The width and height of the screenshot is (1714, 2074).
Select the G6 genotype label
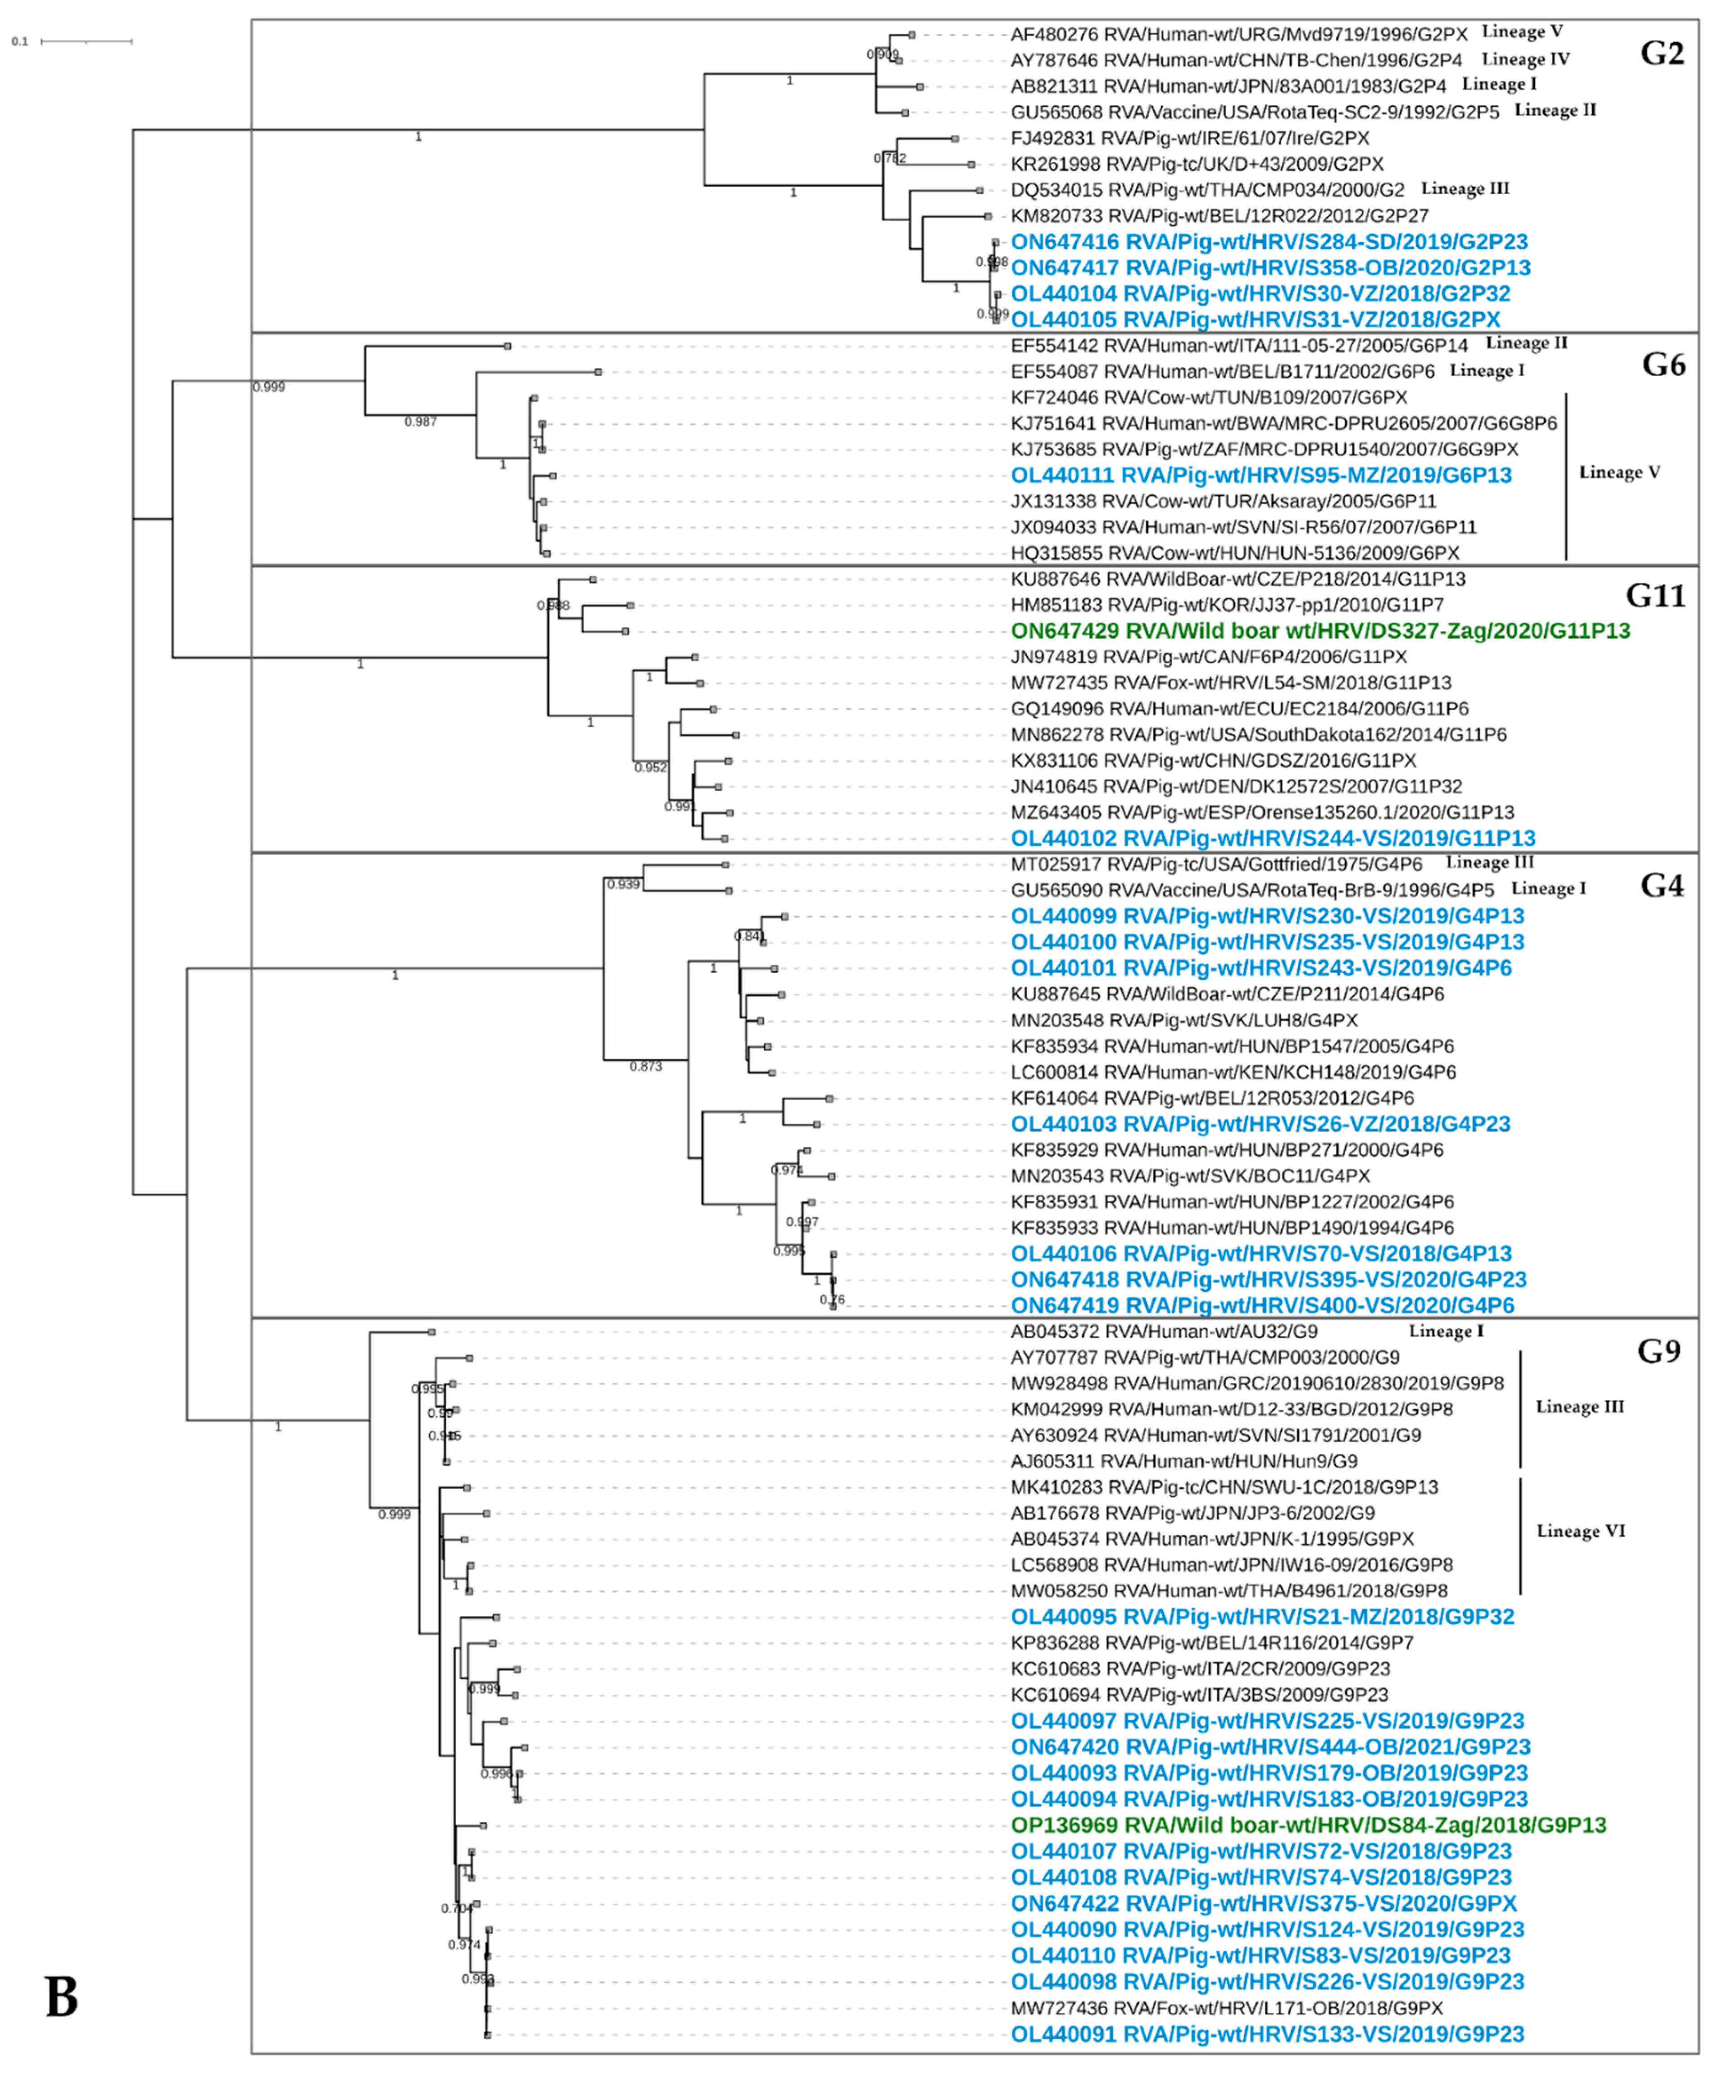(x=1664, y=365)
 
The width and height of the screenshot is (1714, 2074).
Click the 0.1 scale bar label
(x=20, y=41)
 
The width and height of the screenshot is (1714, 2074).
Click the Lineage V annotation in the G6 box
(x=1619, y=472)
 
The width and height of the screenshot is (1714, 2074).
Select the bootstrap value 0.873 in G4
(x=646, y=1067)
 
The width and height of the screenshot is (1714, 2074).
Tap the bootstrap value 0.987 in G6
(x=421, y=422)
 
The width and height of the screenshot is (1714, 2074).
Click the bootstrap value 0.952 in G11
(x=651, y=767)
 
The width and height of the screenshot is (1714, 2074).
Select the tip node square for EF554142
(x=508, y=346)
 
